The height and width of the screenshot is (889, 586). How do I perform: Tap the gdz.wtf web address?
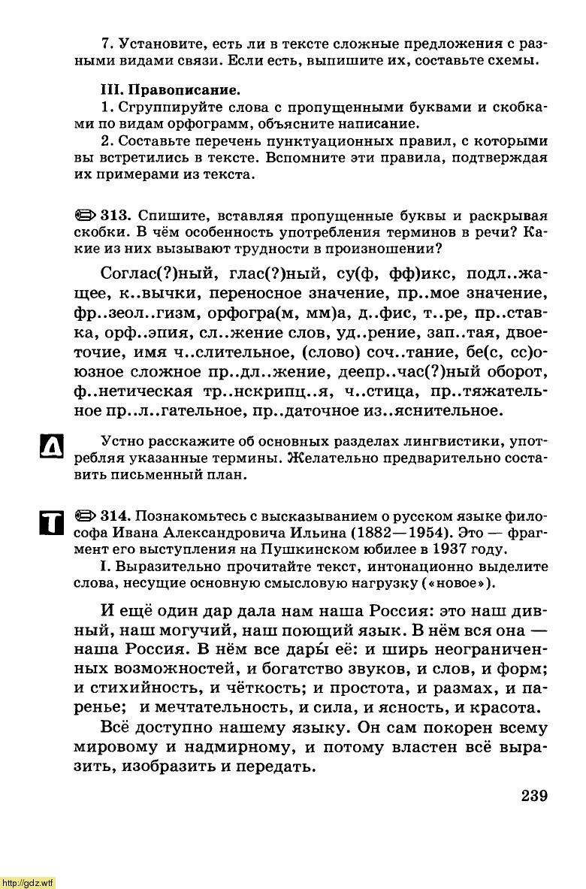tap(28, 881)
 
